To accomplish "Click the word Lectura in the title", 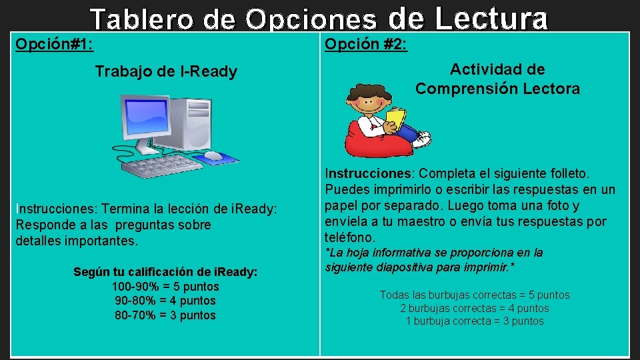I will pos(491,19).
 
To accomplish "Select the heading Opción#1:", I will pos(54,45).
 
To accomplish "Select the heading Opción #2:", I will pos(366,45).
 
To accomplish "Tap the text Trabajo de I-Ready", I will pos(166,71).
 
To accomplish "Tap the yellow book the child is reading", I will pos(396,118).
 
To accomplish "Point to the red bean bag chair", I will pos(373,141).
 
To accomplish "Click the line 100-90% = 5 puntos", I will pos(165,287).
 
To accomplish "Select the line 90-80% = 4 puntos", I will pos(165,301).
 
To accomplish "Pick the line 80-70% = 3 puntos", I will pos(165,315).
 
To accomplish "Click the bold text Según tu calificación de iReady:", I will pos(165,272).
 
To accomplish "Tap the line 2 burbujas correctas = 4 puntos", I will pos(475,308).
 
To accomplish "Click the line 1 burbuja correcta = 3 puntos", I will pos(475,321).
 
